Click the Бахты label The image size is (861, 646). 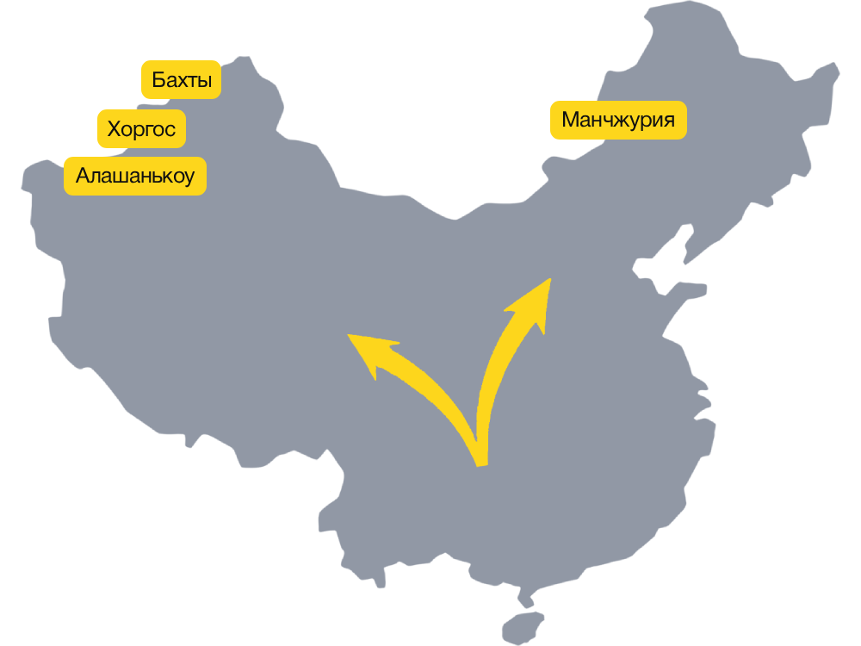tap(182, 80)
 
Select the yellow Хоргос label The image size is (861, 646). tap(142, 130)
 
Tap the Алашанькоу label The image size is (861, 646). tap(135, 177)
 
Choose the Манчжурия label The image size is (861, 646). tap(618, 120)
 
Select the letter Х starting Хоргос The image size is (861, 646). tap(114, 130)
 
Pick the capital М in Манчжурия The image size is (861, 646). tap(569, 120)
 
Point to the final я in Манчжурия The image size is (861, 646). tap(667, 120)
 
